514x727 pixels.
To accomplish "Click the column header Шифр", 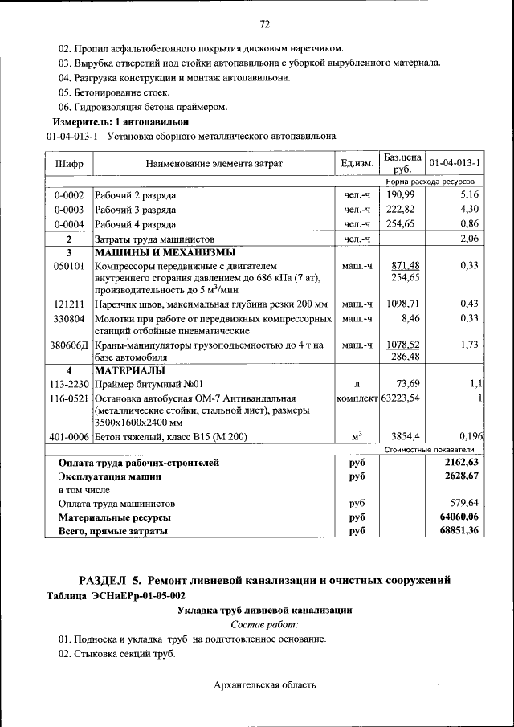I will [x=69, y=164].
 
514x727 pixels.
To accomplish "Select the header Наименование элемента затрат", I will [x=214, y=164].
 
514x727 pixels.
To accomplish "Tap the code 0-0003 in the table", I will [x=69, y=209].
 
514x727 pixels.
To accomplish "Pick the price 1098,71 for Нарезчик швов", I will [x=403, y=304].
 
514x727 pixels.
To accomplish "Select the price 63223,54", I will [x=402, y=398].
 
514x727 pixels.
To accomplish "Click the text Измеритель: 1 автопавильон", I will [x=120, y=121].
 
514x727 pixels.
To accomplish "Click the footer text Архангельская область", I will [x=265, y=685].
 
